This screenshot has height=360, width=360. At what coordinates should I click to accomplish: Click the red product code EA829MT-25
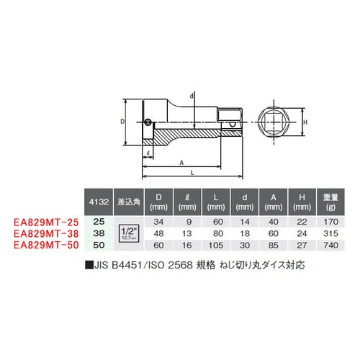[46, 222]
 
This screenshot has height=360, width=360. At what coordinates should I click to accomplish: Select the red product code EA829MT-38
[46, 234]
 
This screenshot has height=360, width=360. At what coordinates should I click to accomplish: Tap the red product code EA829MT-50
[46, 246]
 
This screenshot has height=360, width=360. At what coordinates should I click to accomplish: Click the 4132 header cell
[99, 202]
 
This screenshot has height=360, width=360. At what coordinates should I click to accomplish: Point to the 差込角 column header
[129, 202]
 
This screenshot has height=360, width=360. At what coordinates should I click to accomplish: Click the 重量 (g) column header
[330, 202]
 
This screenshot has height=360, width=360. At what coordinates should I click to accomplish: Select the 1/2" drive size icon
[129, 234]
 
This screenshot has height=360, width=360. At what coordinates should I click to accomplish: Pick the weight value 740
[330, 246]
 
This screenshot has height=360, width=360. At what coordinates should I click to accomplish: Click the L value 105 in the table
[216, 246]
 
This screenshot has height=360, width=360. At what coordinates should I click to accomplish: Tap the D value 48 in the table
[158, 233]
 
